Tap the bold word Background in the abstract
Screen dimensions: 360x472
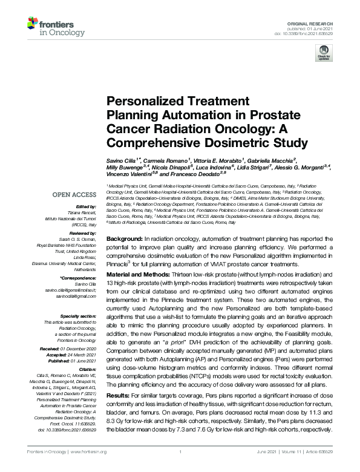[125, 240]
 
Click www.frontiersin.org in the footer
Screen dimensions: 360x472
[89, 452]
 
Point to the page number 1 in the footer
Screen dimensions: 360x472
[180, 452]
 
